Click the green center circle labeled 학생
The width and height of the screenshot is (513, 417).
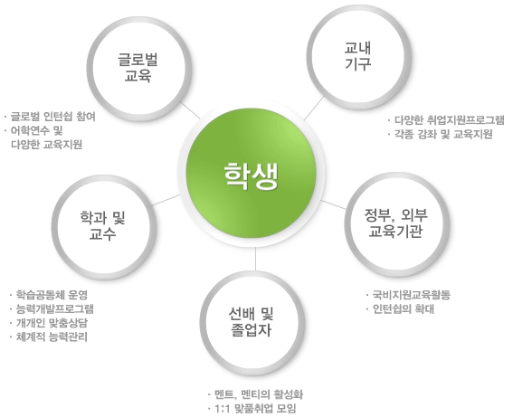click(x=251, y=174)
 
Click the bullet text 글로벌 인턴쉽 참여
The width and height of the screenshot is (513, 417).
click(x=53, y=117)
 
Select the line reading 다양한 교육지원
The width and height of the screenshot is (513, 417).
click(x=46, y=144)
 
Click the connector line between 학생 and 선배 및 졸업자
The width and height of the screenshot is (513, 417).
click(x=255, y=259)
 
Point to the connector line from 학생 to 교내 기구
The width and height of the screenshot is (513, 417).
click(x=314, y=108)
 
